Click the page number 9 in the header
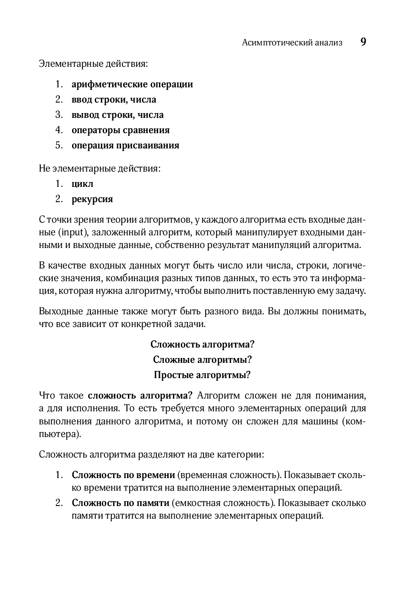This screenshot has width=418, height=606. point(363,42)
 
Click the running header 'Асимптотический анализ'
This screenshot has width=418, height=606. point(292,42)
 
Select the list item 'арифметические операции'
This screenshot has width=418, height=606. point(132,84)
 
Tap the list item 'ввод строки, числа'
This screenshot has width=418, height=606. point(114,100)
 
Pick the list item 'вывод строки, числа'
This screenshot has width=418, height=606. point(117,115)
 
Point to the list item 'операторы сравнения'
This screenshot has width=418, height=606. point(121,130)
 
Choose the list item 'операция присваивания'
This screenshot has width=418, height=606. point(125,145)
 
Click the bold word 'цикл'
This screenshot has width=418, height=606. point(83,184)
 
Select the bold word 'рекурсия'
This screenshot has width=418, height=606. point(92,199)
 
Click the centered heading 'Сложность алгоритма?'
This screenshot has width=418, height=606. point(202,344)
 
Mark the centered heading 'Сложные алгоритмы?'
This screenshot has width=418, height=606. point(202,360)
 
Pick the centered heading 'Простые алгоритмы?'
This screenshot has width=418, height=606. point(202,375)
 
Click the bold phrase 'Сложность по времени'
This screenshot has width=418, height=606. point(123,475)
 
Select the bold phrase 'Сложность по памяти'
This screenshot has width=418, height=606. point(120,503)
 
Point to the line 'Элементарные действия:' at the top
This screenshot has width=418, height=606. point(93,64)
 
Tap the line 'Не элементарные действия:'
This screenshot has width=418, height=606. point(100,168)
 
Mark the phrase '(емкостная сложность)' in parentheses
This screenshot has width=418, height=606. point(224,503)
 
